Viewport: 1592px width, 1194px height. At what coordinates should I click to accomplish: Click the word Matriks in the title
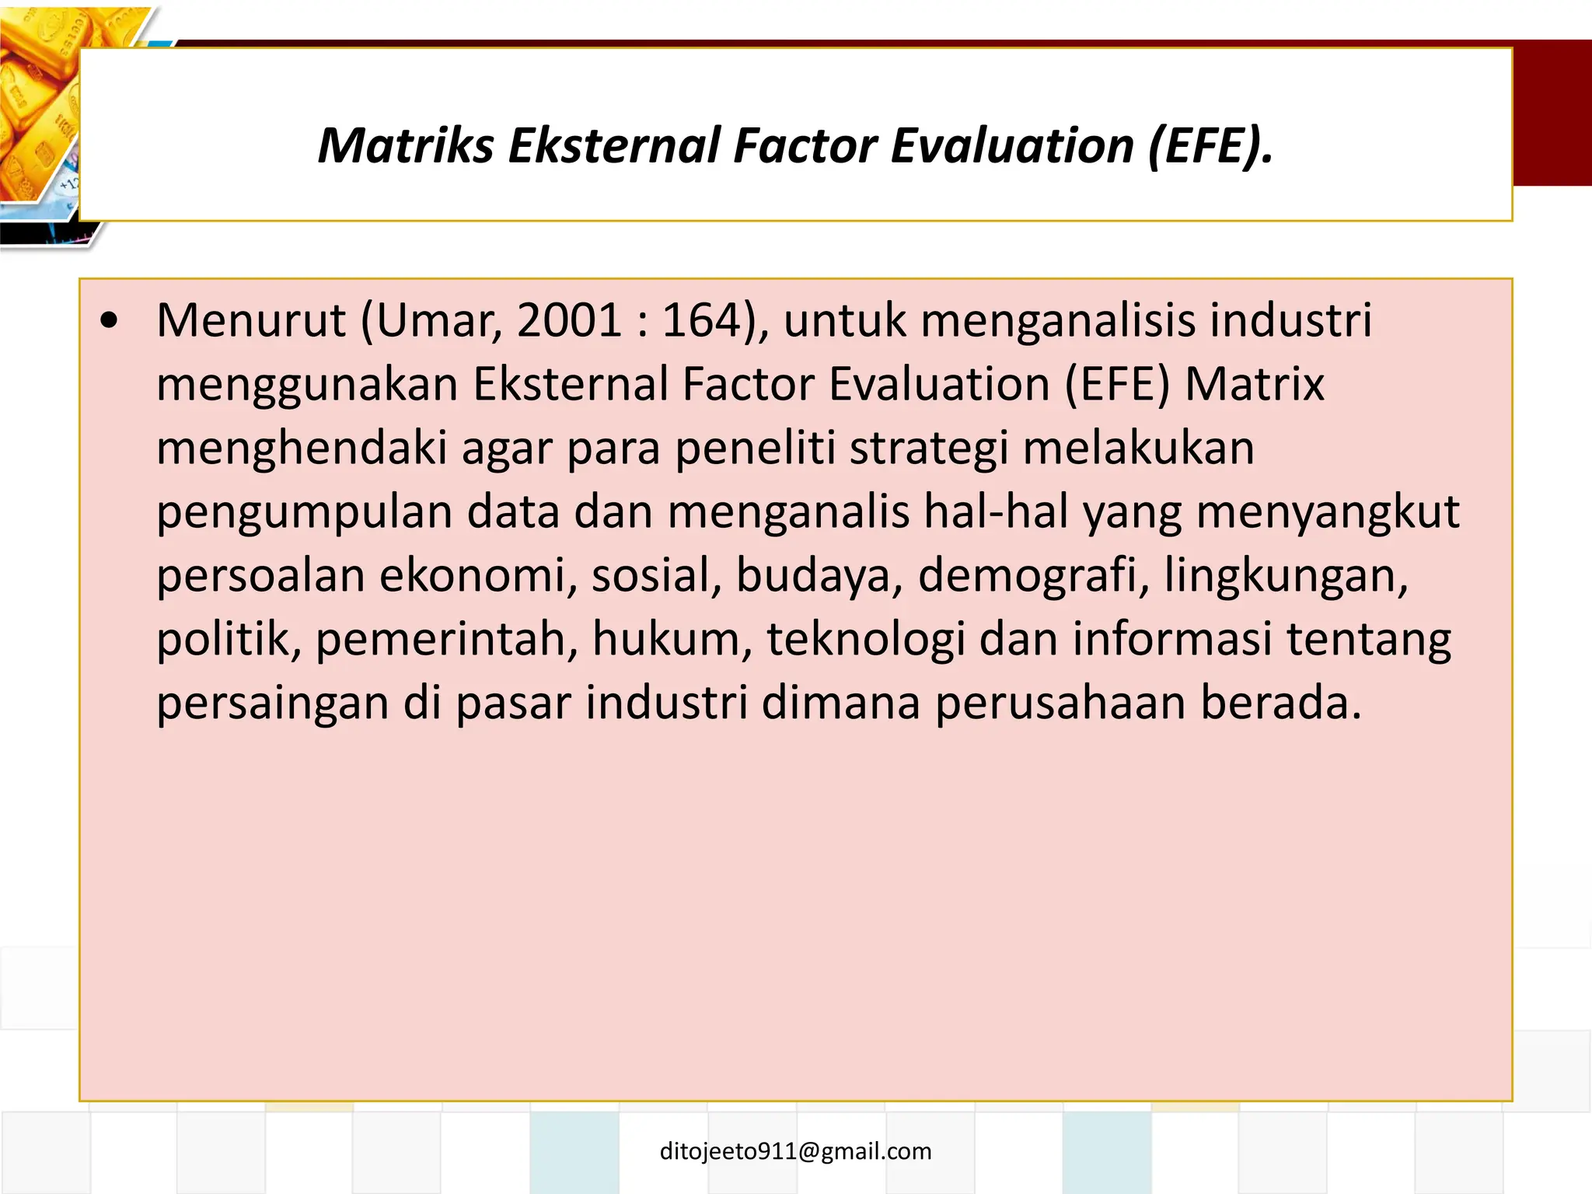[405, 146]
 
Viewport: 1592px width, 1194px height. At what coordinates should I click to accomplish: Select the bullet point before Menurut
[110, 320]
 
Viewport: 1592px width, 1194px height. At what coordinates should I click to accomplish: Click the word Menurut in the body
[250, 320]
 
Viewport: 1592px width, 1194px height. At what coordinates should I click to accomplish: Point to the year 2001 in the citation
[568, 320]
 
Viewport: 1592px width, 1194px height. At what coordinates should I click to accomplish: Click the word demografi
[1033, 576]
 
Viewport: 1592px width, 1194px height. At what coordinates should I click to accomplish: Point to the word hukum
[672, 640]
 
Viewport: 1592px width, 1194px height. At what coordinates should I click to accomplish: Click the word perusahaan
[1060, 703]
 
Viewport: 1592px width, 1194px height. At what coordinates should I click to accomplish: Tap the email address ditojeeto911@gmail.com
[795, 1151]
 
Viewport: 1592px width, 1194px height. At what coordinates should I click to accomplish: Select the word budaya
[819, 576]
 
